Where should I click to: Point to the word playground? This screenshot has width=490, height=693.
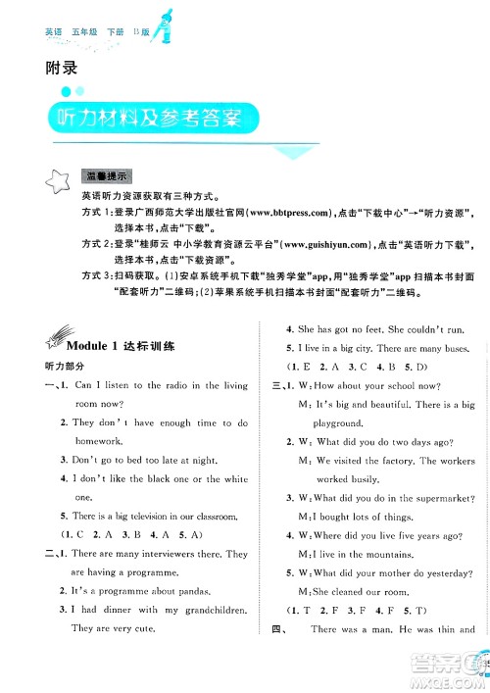[325, 423]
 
